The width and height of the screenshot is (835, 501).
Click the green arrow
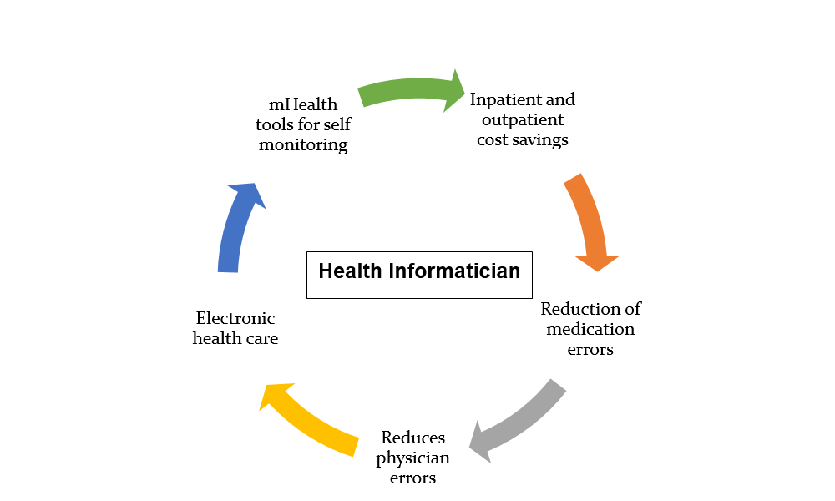pyautogui.click(x=410, y=89)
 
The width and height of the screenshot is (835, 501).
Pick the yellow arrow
pyautogui.click(x=309, y=421)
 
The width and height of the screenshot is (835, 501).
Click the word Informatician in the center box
pyautogui.click(x=454, y=271)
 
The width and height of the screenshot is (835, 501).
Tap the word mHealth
pyautogui.click(x=303, y=104)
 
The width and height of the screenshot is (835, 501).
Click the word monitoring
pyautogui.click(x=303, y=144)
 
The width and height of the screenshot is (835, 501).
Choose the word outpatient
pyautogui.click(x=523, y=119)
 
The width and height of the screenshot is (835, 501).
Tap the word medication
pyautogui.click(x=590, y=329)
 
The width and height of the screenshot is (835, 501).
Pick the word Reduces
pyautogui.click(x=412, y=438)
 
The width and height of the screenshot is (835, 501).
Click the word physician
pyautogui.click(x=412, y=458)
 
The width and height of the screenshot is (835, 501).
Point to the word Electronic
pyautogui.click(x=235, y=318)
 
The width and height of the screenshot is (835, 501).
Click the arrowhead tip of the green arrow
pyautogui.click(x=465, y=92)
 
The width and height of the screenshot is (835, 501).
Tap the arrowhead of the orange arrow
pyautogui.click(x=597, y=263)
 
